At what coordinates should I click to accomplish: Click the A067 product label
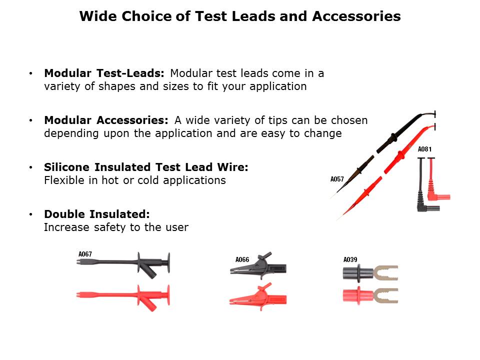[x=85, y=254]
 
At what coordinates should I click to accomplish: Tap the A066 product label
[x=242, y=259]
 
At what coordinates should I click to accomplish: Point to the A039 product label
[x=350, y=259]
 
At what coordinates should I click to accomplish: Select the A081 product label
[x=424, y=149]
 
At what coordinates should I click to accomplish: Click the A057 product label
[x=337, y=179]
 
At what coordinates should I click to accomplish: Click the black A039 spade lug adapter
[x=370, y=273]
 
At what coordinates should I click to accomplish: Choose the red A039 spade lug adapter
[x=370, y=296]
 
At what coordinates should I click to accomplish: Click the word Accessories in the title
[x=356, y=16]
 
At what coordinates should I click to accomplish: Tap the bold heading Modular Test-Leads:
[x=104, y=73]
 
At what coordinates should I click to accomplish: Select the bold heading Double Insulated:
[x=96, y=214]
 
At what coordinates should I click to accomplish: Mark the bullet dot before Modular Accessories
[x=30, y=120]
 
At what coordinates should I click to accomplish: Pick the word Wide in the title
[x=98, y=16]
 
